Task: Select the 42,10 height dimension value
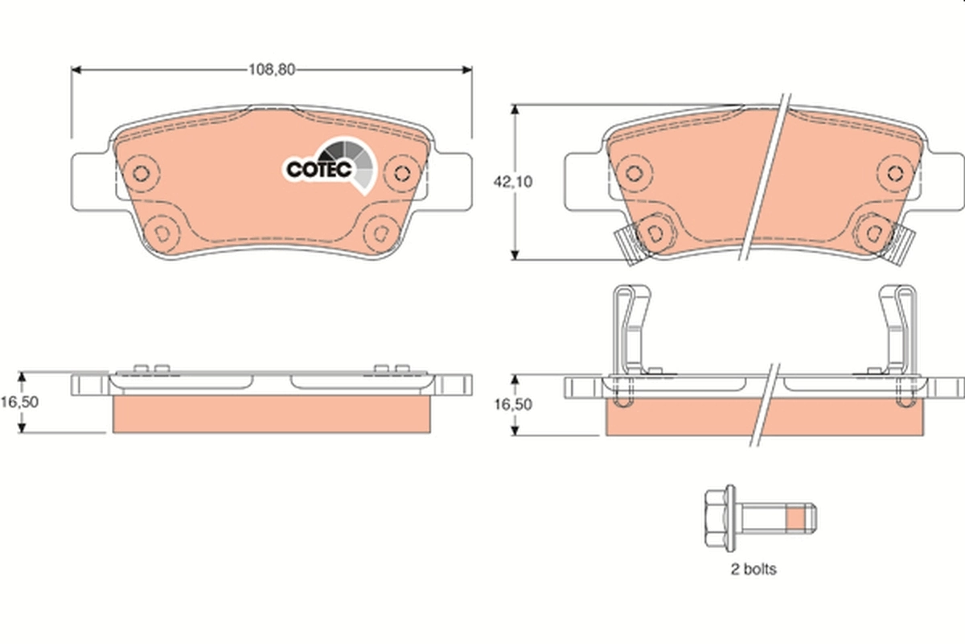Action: (x=512, y=182)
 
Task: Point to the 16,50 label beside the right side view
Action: (x=512, y=404)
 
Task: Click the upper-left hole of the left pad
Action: (x=142, y=172)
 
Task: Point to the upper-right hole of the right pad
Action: (x=894, y=172)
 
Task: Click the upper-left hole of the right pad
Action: (x=634, y=172)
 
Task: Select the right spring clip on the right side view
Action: (x=897, y=330)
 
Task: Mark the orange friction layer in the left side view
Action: (x=272, y=414)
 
